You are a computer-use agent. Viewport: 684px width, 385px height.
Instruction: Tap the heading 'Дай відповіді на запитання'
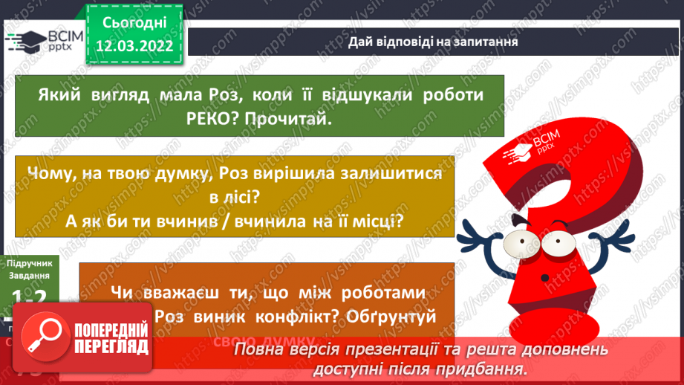coord(433,42)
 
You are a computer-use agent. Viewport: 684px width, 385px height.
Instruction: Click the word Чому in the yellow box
coord(51,172)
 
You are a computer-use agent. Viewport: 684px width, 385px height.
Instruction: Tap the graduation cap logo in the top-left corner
coord(26,39)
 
